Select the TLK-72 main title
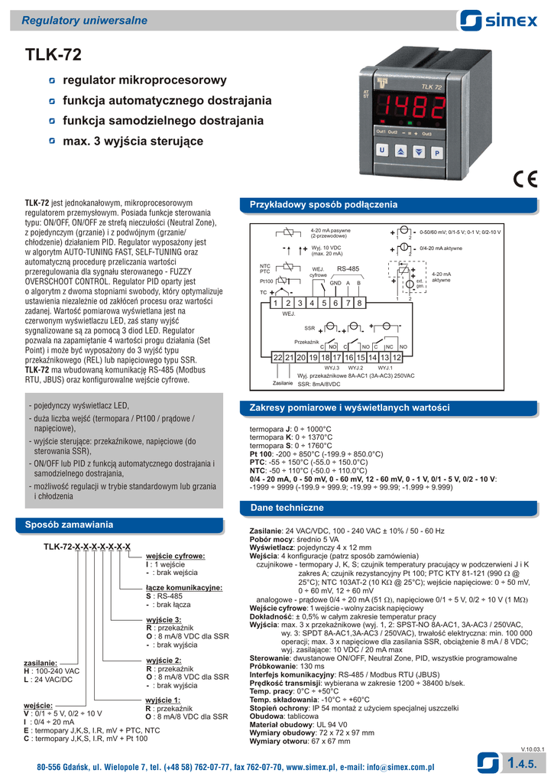click(53, 55)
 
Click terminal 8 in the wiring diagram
click(359, 304)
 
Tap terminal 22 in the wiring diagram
click(278, 357)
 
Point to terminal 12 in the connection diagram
click(397, 357)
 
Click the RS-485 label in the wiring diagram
click(348, 269)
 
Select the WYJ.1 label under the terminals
click(385, 368)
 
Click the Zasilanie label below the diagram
click(283, 382)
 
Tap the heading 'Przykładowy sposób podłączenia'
click(325, 205)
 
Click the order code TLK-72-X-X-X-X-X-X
click(86, 547)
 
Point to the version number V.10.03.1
click(533, 748)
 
